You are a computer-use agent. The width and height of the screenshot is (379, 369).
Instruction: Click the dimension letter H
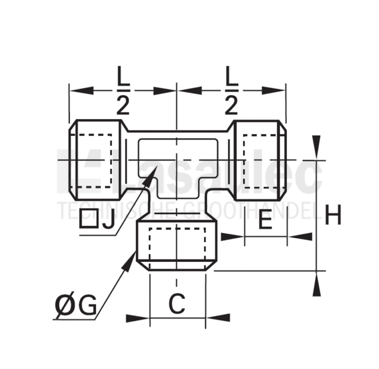333,215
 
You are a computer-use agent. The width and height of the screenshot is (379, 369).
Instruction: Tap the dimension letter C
177,304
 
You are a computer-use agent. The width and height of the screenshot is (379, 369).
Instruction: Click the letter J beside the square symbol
108,219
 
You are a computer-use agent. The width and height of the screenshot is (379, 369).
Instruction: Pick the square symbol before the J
89,219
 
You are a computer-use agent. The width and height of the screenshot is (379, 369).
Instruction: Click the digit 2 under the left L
123,105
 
